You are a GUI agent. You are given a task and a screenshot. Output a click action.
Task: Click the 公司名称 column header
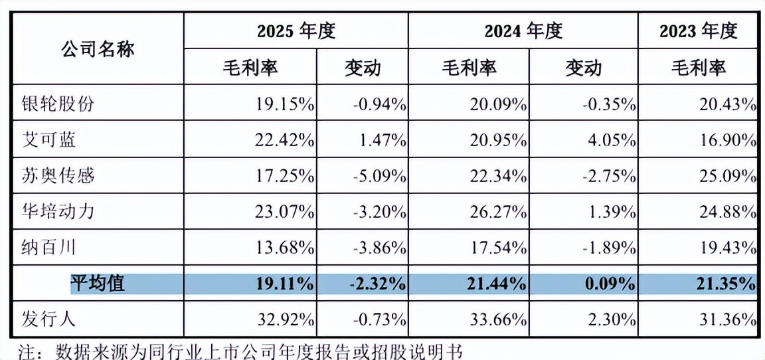tap(98, 49)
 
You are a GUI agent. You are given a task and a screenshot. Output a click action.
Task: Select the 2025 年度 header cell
tap(296, 31)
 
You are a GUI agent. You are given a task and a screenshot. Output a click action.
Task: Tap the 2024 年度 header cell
tap(523, 31)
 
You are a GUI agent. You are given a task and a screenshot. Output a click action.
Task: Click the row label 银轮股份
tap(58, 104)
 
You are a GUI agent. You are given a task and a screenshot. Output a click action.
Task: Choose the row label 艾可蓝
tap(49, 141)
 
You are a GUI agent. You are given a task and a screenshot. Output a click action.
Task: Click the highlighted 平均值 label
tap(98, 284)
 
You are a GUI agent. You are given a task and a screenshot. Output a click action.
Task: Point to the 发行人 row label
tap(49, 319)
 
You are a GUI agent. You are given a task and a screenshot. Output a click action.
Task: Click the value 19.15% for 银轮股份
tap(284, 104)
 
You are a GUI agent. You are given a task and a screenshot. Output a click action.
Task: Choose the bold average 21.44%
tap(497, 284)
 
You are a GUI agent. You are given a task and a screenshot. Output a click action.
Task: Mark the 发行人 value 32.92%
tap(284, 319)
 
